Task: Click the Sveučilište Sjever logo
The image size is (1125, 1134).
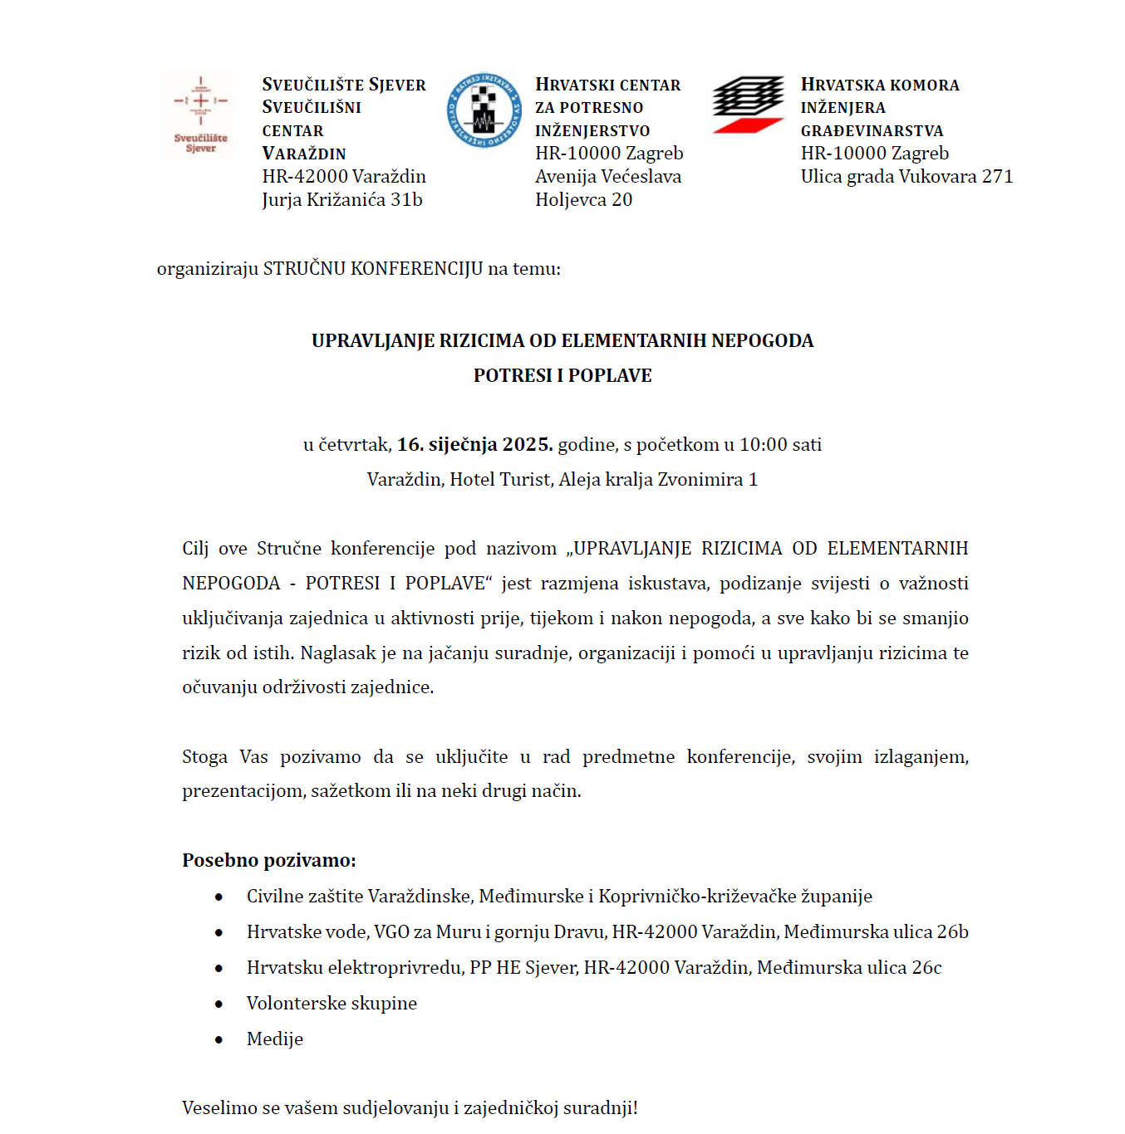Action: (x=200, y=115)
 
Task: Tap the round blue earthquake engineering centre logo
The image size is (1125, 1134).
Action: (x=484, y=110)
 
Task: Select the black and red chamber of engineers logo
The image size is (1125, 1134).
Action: (x=748, y=104)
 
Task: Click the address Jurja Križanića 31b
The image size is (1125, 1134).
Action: (x=342, y=200)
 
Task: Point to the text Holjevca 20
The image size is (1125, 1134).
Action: (x=583, y=200)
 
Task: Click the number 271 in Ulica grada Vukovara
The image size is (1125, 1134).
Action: (x=997, y=177)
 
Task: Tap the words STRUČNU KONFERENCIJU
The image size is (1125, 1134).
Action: (x=373, y=269)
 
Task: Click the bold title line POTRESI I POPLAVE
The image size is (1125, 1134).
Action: (x=562, y=376)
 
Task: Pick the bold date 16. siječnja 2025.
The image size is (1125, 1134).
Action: (x=474, y=445)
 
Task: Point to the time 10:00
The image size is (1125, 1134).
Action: (x=763, y=445)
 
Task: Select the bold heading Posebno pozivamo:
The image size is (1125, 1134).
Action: (x=269, y=861)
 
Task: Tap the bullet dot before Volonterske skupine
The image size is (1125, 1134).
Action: (x=219, y=1004)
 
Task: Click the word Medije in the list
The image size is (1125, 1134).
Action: (x=275, y=1039)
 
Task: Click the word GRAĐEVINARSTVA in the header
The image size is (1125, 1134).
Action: (x=872, y=131)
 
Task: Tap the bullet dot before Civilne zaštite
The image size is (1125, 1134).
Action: (x=219, y=897)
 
